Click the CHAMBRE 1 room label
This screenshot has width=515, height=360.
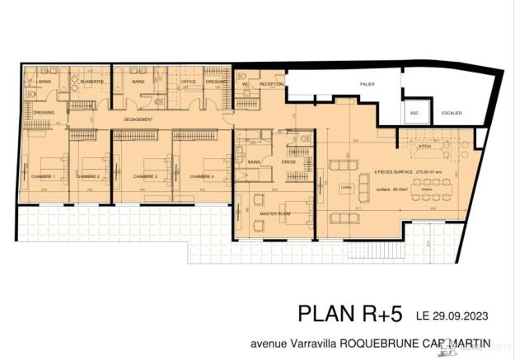pos(43,176)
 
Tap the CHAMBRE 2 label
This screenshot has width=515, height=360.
pos(88,176)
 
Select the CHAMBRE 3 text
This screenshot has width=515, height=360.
pos(145,176)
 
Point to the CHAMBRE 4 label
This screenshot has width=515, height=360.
pos(201,176)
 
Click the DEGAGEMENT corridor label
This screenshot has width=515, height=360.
pos(138,119)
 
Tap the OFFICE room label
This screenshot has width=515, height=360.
pos(189,82)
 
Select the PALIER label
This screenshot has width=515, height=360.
pos(368,84)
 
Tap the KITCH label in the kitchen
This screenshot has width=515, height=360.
pos(425,146)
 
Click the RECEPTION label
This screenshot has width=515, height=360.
pos(271,84)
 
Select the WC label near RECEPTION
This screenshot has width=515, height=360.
pos(246,84)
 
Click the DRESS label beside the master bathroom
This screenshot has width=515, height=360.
pos(288,161)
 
